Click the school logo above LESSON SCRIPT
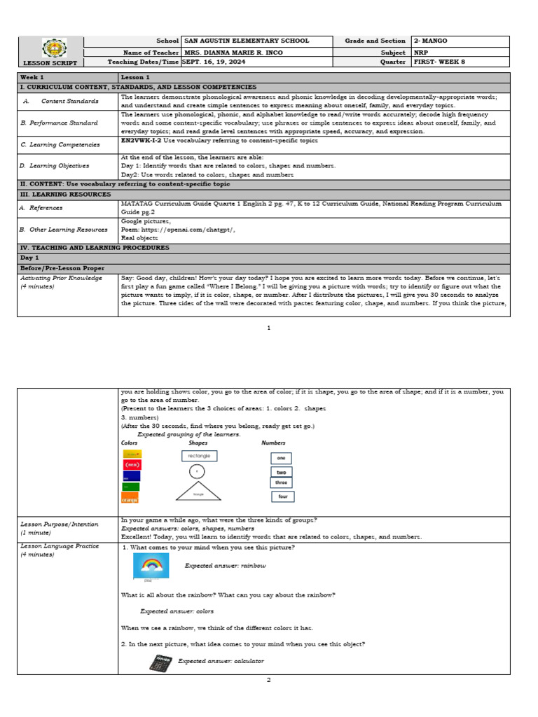pos(50,48)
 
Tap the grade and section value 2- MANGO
pos(430,41)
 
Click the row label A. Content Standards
pos(60,101)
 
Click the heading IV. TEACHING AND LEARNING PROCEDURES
pos(95,247)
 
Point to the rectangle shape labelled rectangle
pos(199,456)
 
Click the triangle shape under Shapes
pos(198,492)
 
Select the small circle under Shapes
pos(198,472)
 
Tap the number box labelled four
pos(283,496)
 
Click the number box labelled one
pos(281,458)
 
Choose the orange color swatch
pos(130,498)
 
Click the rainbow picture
pos(151,566)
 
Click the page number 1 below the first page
pos(269,328)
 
